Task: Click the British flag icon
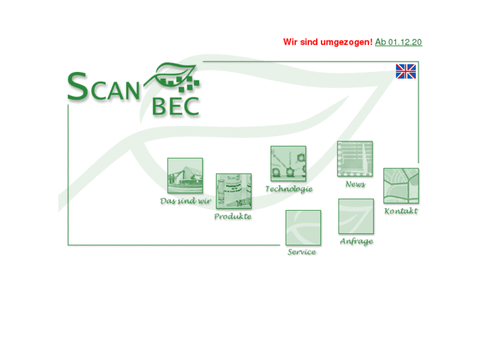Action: coord(405,71)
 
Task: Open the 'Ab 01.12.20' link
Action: coord(398,42)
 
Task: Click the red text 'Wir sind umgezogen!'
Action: coord(327,42)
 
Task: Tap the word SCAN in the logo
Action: coord(104,89)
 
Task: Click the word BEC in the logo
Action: coord(175,106)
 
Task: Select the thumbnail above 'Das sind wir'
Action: coord(185,176)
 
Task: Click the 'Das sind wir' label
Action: coord(186,201)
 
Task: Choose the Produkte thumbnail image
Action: coord(234,192)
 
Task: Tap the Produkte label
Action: coord(233,217)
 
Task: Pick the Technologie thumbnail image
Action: coord(289,164)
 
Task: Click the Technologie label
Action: coord(289,189)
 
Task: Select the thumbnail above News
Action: coord(355,159)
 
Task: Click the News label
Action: coord(355,184)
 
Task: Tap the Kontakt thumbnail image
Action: coord(401,186)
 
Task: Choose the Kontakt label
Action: coord(401,211)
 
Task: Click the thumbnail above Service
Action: coord(303,228)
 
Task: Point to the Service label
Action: coord(302,252)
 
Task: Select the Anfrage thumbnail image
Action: coord(356,217)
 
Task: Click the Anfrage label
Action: coord(357,242)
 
